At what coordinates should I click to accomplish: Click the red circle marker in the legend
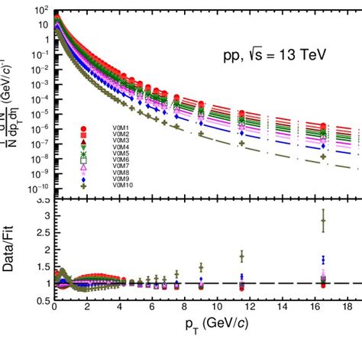[x=84, y=128]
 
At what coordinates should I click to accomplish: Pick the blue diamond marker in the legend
[x=84, y=178]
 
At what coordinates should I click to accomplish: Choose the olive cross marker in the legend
[x=84, y=184]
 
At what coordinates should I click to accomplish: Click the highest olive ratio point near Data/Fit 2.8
[x=323, y=221]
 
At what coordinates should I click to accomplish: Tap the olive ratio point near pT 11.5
[x=241, y=257]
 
